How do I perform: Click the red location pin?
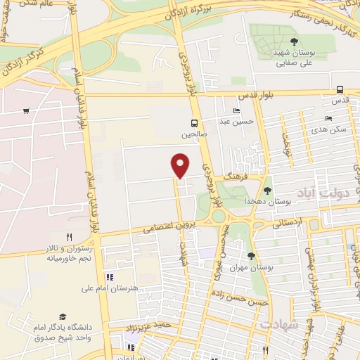click(x=181, y=165)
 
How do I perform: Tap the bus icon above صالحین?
click(x=195, y=122)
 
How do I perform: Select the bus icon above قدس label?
click(x=340, y=89)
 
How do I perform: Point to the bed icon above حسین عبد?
click(x=236, y=111)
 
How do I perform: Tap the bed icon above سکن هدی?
click(x=328, y=118)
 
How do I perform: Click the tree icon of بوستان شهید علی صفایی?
click(x=293, y=41)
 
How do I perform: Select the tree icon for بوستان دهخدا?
click(x=267, y=190)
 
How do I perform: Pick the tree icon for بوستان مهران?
click(x=252, y=256)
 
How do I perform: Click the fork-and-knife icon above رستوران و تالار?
click(x=68, y=237)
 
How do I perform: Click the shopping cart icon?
click(x=26, y=110)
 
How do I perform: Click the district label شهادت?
click(x=279, y=325)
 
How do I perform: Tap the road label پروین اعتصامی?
click(x=163, y=227)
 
